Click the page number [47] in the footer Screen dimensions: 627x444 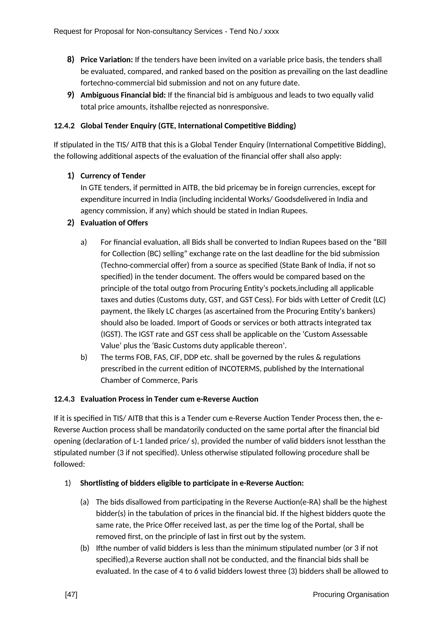tap(71, 594)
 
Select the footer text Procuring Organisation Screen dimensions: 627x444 tap(351, 594)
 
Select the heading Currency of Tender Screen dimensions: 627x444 tap(113, 176)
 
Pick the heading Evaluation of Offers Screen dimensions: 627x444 tap(114, 223)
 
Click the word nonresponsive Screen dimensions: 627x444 tap(243, 107)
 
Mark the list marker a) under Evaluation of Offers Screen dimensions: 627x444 tap(84, 242)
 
